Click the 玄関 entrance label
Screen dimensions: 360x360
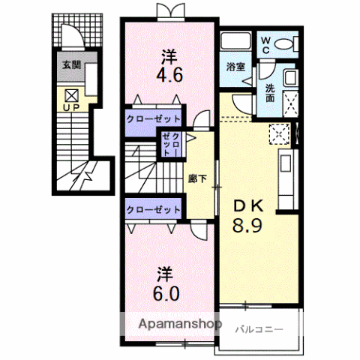72,65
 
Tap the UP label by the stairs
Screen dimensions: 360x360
71,107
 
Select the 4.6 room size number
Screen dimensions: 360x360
169,75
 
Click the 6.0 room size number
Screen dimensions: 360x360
166,293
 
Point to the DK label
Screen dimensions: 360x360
247,206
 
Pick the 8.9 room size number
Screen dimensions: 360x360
247,225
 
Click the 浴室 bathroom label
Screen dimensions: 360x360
235,67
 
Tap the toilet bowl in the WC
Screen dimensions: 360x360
283,44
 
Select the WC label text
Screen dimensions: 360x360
266,45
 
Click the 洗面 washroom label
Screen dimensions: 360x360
270,93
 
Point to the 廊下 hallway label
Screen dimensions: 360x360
197,178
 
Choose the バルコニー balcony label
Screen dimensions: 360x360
259,329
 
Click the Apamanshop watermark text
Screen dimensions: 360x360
180,324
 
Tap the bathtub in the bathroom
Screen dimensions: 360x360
235,40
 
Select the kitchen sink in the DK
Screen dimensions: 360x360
285,163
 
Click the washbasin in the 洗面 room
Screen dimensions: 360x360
290,77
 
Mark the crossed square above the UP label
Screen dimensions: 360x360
72,95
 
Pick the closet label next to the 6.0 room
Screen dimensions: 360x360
153,209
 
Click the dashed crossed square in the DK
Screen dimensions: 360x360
279,134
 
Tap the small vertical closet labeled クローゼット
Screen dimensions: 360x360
171,145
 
